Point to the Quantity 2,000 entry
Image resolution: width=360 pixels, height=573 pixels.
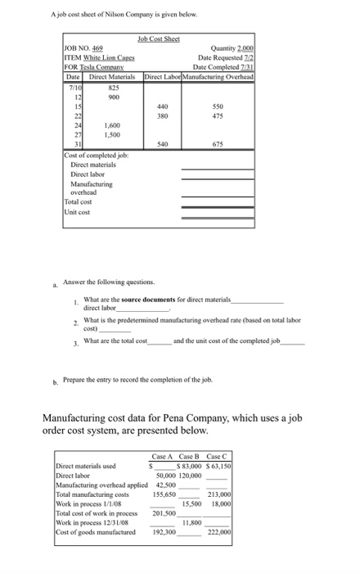(x=235, y=47)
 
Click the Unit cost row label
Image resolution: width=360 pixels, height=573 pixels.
(x=78, y=213)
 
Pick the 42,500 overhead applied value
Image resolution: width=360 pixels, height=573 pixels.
(x=167, y=485)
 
